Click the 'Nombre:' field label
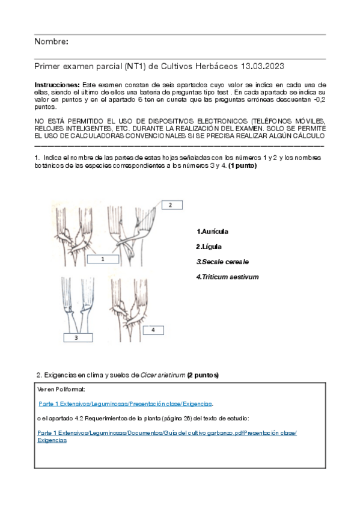51,41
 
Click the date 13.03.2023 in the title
263,66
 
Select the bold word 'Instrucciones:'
57,85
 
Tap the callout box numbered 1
103,259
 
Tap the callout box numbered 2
172,205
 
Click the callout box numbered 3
78,337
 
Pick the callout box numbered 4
153,330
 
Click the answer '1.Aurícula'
212,232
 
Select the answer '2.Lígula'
209,247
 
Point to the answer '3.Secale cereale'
222,262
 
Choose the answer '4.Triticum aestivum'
227,277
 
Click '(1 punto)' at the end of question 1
242,166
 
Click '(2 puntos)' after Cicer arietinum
203,375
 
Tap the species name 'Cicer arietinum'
163,375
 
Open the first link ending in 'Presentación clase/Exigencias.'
126,404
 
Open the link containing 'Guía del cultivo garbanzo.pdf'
167,433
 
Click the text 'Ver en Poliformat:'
61,389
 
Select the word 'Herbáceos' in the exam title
217,66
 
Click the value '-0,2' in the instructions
320,99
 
